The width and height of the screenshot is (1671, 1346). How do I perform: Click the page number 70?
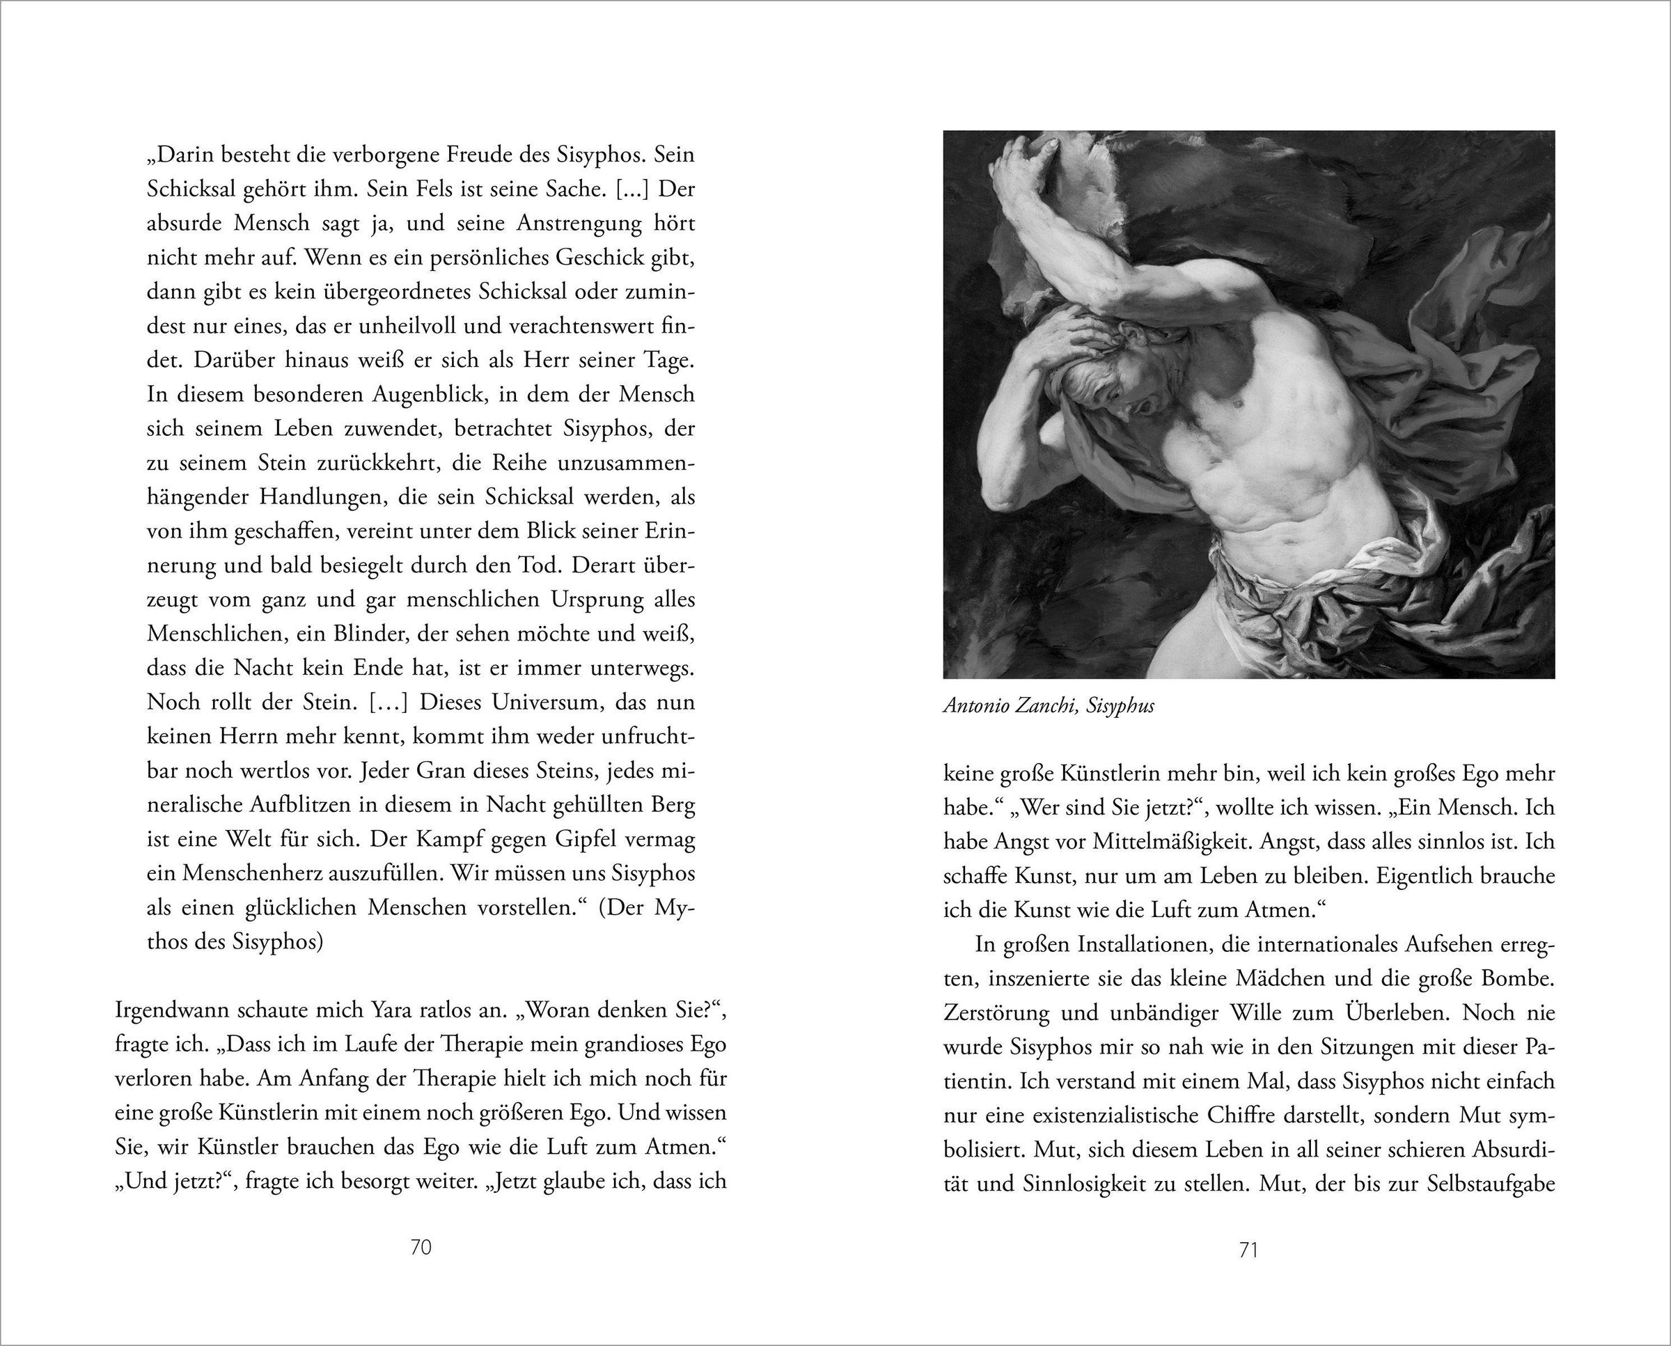[420, 1248]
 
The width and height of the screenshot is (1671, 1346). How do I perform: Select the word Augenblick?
[427, 395]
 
